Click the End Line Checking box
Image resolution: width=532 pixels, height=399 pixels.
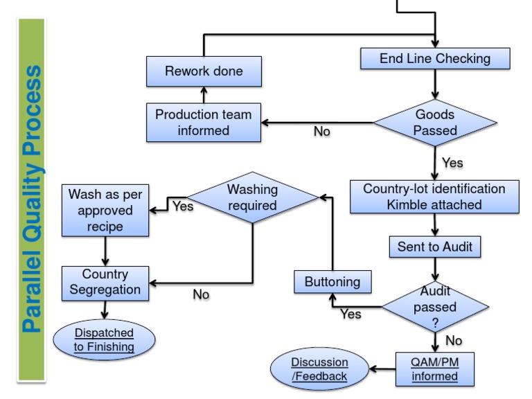(435, 59)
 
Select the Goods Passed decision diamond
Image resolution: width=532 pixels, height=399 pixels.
(436, 123)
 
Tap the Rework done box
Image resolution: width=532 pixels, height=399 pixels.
(204, 71)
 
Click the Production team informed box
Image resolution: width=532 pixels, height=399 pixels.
(204, 123)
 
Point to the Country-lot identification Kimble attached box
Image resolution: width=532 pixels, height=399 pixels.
(434, 197)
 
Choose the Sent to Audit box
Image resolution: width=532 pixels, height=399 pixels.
(435, 246)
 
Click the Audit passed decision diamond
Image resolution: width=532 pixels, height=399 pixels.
(435, 305)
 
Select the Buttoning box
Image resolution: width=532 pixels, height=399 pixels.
(333, 282)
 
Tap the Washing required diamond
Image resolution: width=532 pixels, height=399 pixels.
(253, 197)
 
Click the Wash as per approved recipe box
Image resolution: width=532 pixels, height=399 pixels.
(105, 211)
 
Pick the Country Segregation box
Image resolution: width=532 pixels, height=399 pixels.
(105, 282)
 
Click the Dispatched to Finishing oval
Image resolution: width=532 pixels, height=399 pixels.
(105, 339)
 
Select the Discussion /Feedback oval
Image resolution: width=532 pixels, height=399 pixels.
(319, 369)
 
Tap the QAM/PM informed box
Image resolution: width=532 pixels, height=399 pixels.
(435, 369)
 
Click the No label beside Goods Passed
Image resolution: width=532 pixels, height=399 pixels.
(322, 131)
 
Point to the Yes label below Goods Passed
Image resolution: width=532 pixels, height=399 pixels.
(452, 163)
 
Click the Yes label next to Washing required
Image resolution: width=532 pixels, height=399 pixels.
(183, 206)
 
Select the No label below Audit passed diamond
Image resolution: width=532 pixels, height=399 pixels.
(454, 340)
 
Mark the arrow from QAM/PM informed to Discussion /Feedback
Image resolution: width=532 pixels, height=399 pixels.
(382, 369)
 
